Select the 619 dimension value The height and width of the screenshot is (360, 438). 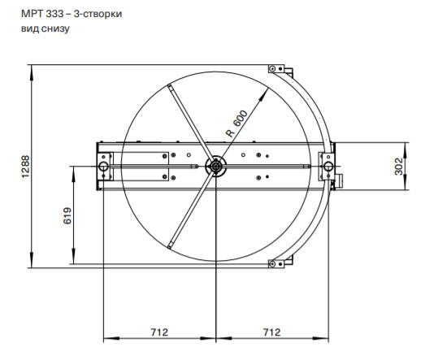coord(68,215)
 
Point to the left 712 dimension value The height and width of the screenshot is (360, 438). coord(159,332)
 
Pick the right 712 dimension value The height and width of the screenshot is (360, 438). coord(271,332)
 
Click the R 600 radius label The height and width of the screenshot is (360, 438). coord(236,123)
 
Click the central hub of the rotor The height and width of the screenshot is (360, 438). coord(215,166)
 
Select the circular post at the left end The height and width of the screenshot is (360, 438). coord(104,166)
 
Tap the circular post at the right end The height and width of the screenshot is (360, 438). coord(327,166)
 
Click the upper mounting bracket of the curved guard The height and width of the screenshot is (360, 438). coord(277,71)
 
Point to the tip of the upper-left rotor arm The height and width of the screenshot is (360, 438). coord(168,86)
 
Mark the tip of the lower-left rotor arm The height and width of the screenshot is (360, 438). coord(168,245)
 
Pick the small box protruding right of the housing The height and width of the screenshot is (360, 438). coord(338,178)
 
